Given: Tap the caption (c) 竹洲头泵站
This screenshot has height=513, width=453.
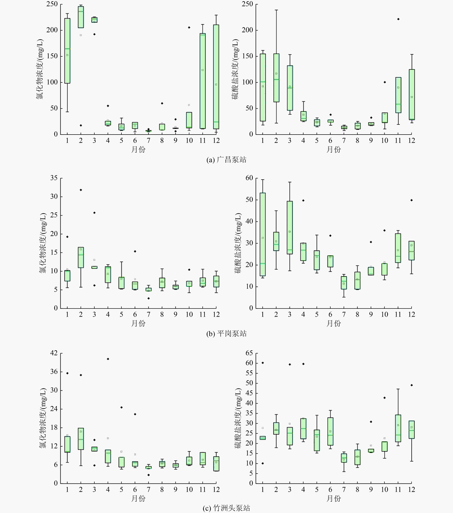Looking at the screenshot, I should click(226, 508).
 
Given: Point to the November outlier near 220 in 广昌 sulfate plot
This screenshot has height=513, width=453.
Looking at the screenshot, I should click(398, 19).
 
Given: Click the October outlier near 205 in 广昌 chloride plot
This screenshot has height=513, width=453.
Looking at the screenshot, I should click(189, 27).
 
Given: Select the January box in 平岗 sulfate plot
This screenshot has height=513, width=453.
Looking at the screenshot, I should click(263, 234).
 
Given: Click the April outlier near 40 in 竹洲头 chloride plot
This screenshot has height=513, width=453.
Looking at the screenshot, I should click(108, 359).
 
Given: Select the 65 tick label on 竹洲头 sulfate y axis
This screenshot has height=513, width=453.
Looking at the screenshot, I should click(249, 353).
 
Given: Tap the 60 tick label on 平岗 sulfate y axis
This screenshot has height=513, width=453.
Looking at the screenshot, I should click(249, 178).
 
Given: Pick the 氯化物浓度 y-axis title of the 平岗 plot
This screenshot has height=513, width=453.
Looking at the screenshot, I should click(43, 243).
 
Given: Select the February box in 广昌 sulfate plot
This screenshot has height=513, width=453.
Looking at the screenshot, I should click(276, 78).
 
